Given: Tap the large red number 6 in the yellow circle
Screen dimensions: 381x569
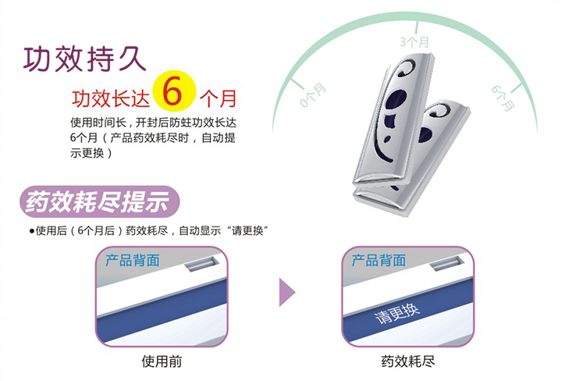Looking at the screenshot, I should point(173,93).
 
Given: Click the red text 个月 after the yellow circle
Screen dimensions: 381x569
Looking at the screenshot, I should point(218,99).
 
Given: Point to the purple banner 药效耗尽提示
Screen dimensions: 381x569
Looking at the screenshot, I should point(97,201).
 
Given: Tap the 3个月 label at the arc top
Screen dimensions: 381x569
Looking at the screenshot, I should point(414,40).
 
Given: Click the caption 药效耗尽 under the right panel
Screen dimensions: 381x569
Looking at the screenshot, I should point(407,361).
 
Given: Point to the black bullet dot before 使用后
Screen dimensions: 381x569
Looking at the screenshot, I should point(32,230).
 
